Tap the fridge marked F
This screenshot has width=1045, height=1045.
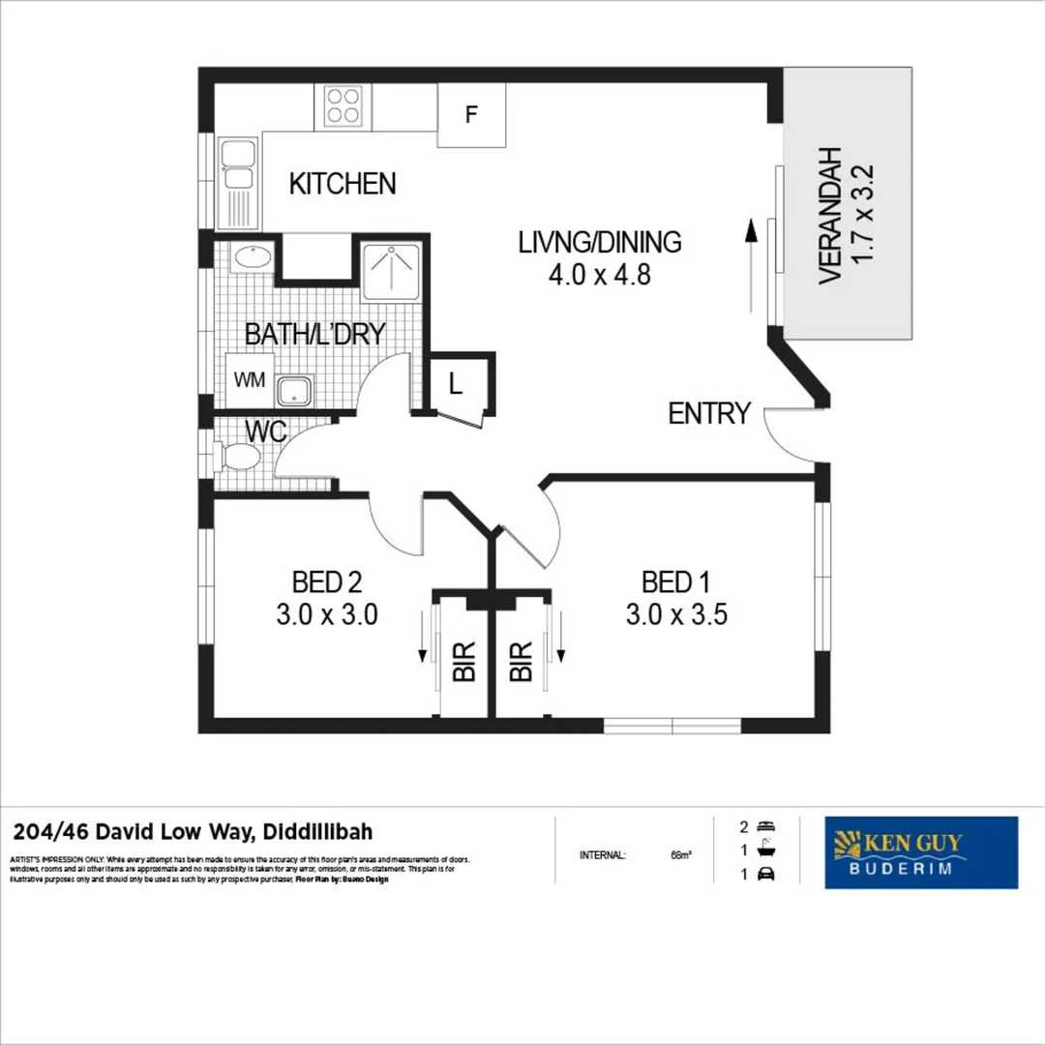471,115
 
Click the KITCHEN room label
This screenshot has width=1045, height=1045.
343,183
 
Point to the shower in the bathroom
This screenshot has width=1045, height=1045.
391,268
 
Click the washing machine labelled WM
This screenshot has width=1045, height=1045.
249,380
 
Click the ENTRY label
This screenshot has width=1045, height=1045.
709,414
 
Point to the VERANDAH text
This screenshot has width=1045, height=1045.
829,216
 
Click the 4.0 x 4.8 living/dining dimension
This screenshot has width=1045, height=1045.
599,275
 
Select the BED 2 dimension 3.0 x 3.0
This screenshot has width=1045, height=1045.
326,614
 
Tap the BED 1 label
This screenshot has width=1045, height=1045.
675,582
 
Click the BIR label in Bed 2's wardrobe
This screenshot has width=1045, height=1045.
464,662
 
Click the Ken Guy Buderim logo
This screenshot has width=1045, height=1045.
920,852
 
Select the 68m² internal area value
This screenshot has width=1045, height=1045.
681,855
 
